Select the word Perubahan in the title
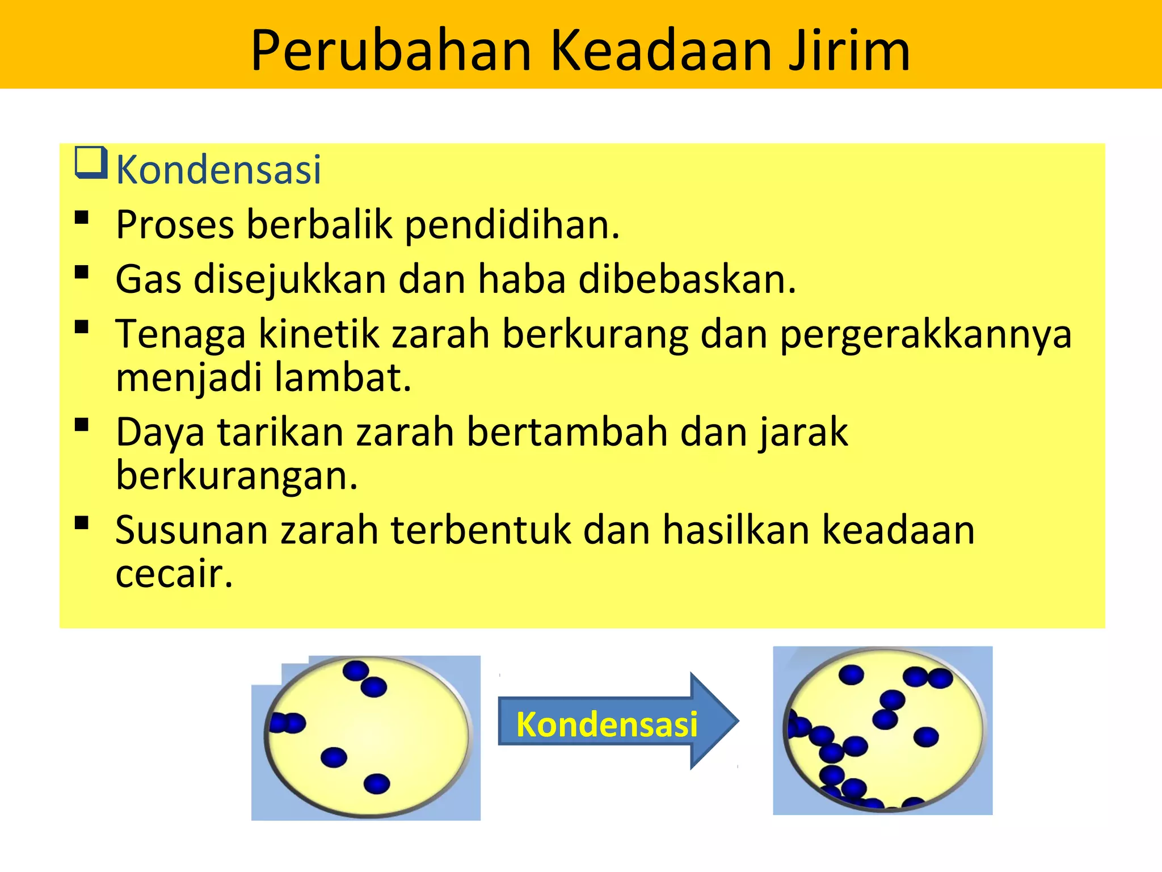click(x=391, y=51)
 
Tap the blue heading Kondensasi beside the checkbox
click(x=218, y=170)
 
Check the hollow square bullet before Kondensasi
click(x=91, y=163)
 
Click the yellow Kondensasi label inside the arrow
click(x=607, y=725)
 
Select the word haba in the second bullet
click(x=522, y=279)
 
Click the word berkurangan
click(x=237, y=476)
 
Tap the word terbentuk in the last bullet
click(x=482, y=530)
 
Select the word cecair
click(x=174, y=573)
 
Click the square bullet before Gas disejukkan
click(x=82, y=272)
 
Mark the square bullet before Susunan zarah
click(x=82, y=523)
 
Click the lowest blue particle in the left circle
click(x=377, y=784)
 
